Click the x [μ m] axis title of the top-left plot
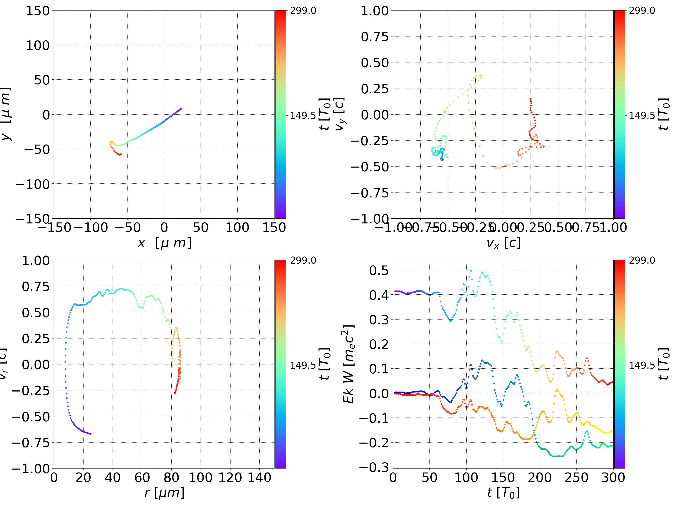click(164, 243)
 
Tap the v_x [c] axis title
click(503, 243)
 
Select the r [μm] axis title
click(164, 493)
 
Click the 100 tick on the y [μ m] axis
click(37, 45)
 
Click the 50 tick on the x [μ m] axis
click(201, 228)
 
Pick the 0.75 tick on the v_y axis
click(375, 36)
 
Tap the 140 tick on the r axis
click(259, 477)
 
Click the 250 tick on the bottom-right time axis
click(576, 477)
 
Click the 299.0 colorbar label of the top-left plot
click(303, 11)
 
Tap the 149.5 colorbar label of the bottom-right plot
click(642, 365)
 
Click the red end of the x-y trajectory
click(121, 154)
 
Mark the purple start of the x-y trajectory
click(181, 109)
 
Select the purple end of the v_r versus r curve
click(91, 434)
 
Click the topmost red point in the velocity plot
click(530, 98)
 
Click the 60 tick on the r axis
click(142, 477)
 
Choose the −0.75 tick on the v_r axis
click(30, 443)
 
